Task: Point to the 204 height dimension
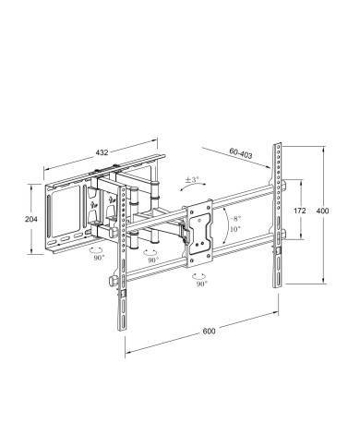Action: pos(32,219)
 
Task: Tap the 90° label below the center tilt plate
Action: pos(199,284)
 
